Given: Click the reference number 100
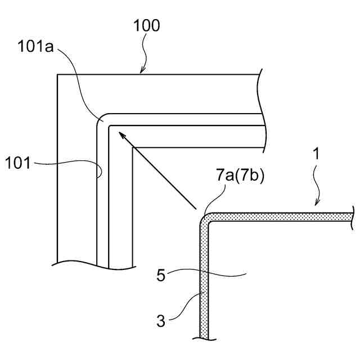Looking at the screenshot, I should tap(147, 26).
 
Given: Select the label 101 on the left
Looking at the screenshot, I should tap(19, 164).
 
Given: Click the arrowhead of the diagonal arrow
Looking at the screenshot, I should tap(119, 134).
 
